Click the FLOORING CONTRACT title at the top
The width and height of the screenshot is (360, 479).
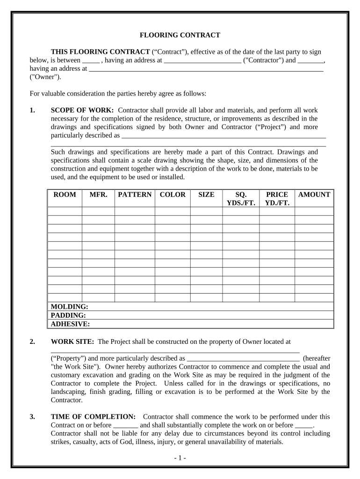(x=180, y=35)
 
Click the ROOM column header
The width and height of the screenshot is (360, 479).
(x=65, y=195)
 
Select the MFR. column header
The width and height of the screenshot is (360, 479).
(x=98, y=195)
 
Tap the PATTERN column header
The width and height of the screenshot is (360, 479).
(x=135, y=195)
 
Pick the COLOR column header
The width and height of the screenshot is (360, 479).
(x=173, y=195)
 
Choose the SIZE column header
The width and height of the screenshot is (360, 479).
(x=206, y=195)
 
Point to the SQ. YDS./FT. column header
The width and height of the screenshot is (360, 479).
(x=241, y=199)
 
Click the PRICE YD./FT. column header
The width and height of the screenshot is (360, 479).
(x=277, y=199)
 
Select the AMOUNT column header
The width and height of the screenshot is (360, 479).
(x=314, y=195)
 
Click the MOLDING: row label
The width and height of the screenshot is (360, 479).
(x=69, y=306)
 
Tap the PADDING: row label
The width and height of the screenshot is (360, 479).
(x=68, y=315)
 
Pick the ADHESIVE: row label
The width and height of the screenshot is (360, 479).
(x=70, y=324)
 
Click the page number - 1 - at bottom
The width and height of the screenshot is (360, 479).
(x=180, y=458)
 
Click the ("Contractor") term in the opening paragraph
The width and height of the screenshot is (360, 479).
(x=263, y=60)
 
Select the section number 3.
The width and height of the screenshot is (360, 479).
(x=32, y=416)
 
